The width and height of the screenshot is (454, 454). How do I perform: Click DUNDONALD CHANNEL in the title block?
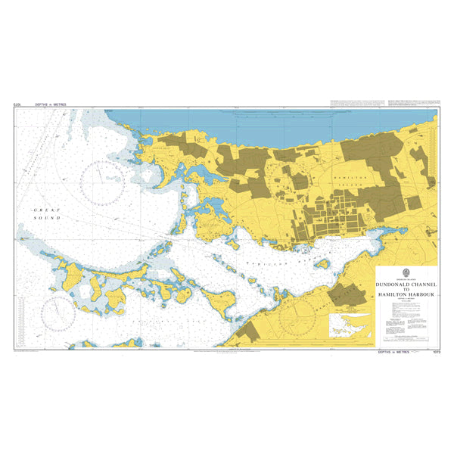tap(406, 285)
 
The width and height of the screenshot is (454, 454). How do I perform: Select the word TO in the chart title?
tap(406, 290)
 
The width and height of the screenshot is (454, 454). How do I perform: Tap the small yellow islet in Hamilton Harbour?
tap(321, 266)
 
